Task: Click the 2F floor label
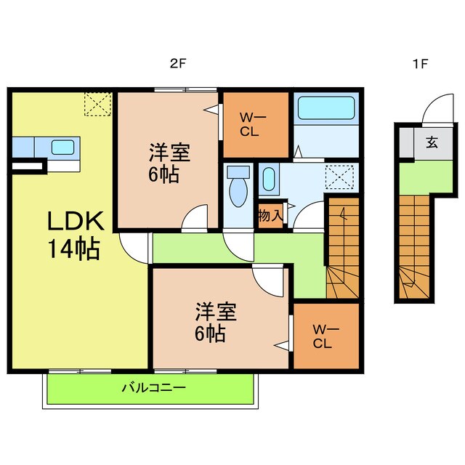[x=178, y=63]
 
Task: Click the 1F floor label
[x=421, y=63]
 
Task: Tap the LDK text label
[x=76, y=221]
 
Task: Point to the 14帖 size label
[x=74, y=249]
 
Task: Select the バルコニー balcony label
[x=154, y=387]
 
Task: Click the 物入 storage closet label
[x=271, y=215]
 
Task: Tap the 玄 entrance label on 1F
[x=432, y=142]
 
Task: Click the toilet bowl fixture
[x=238, y=187]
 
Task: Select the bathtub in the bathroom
[x=326, y=108]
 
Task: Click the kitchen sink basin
[x=62, y=147]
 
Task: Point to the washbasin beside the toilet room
[x=269, y=179]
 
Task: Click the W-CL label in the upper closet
[x=252, y=125]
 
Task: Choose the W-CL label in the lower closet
[x=325, y=336]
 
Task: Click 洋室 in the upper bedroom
[x=169, y=153]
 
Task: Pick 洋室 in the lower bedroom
[x=216, y=312]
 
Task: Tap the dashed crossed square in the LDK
[x=98, y=104]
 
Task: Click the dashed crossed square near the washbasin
[x=340, y=177]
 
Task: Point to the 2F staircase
[x=343, y=248]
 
